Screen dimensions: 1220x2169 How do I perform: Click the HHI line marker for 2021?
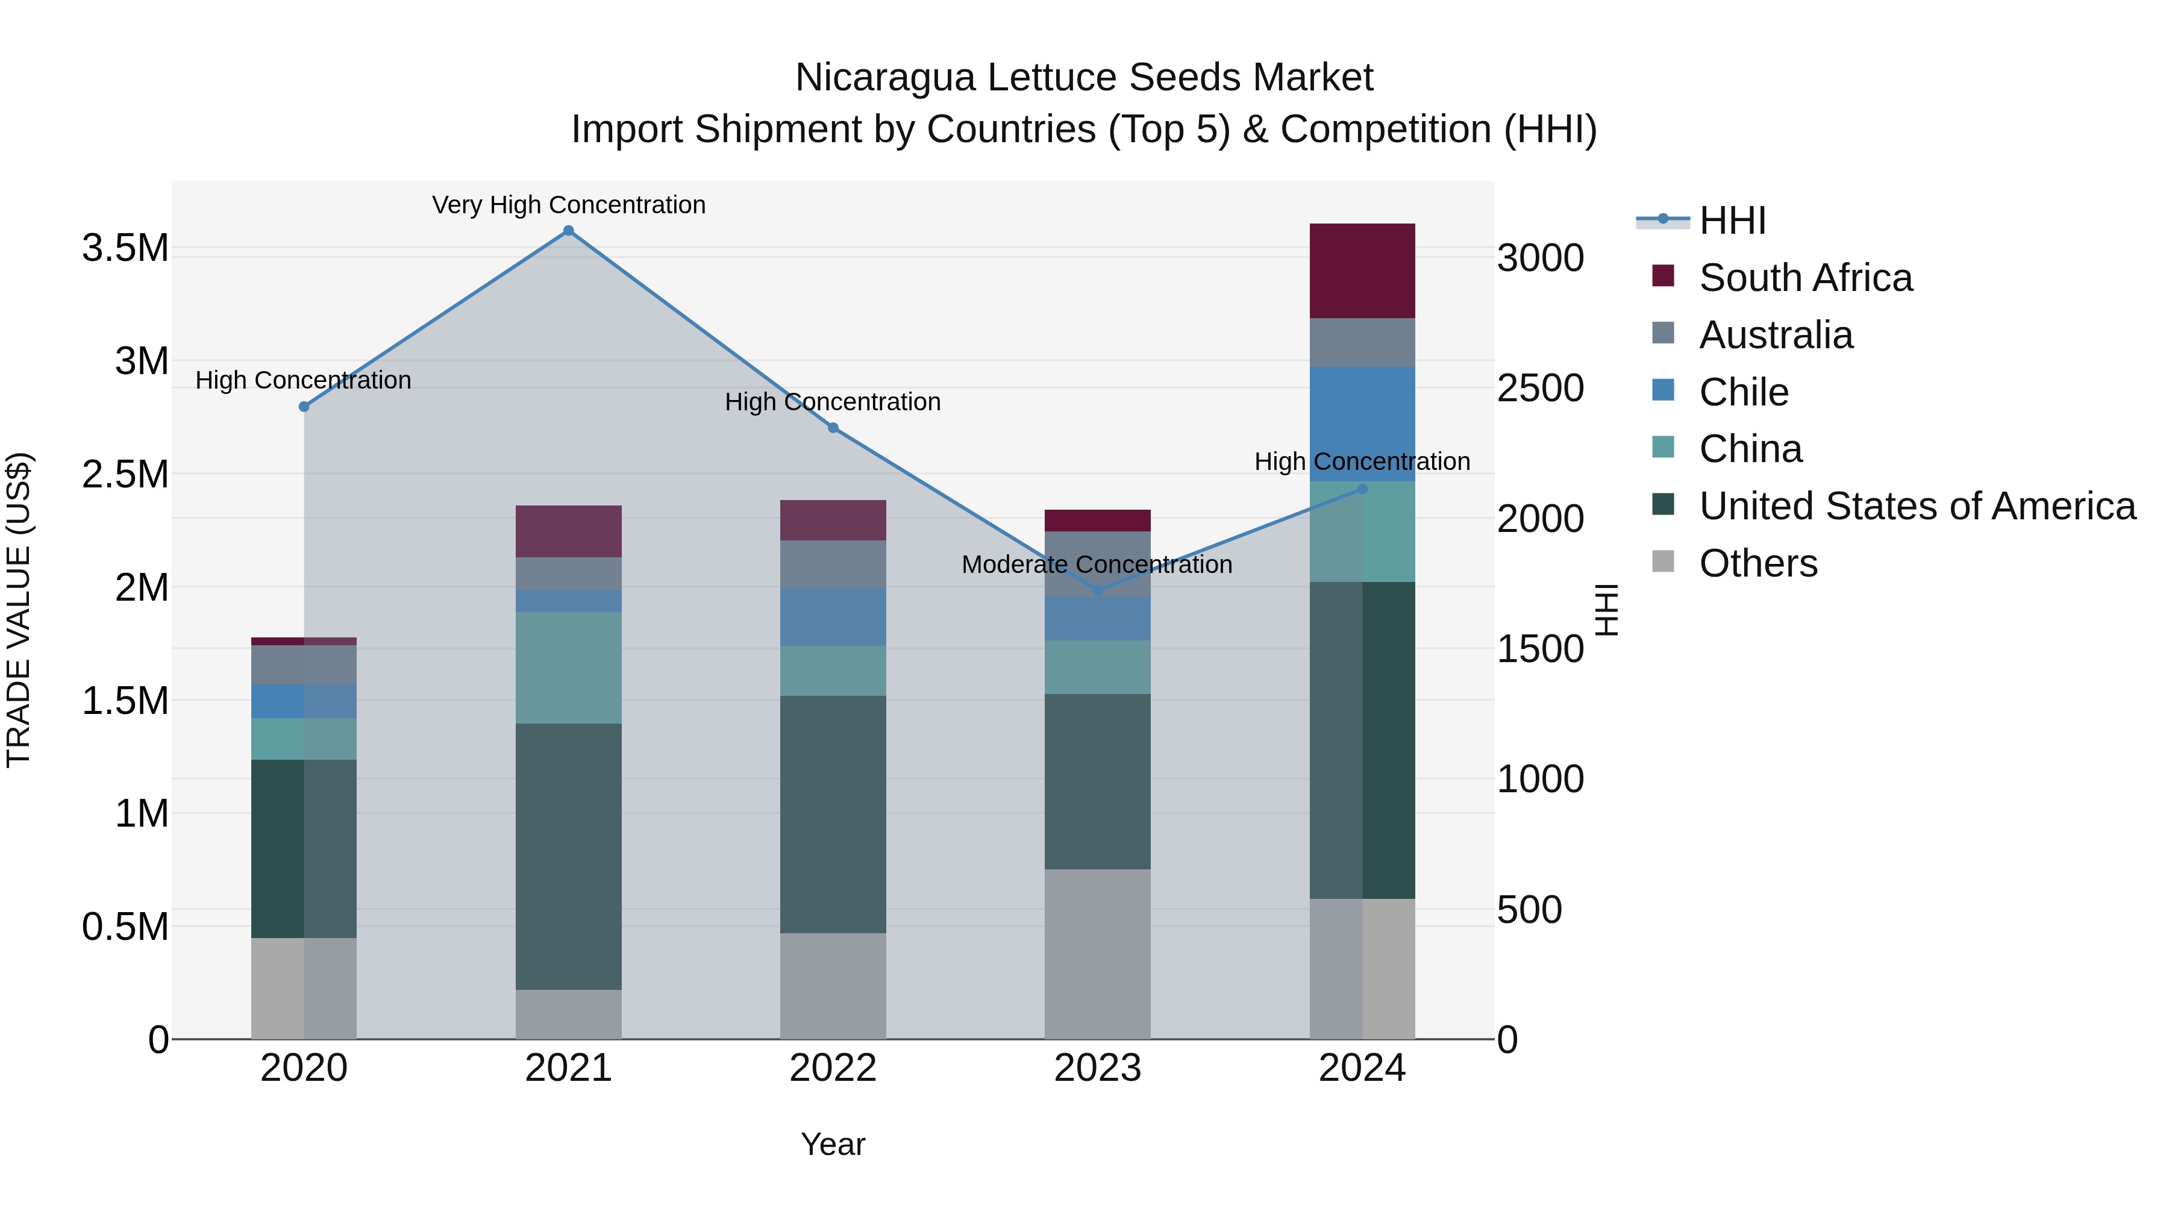point(568,231)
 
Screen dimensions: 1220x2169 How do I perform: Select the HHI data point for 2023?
point(1097,591)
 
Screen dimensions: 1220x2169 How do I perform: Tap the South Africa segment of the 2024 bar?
point(1362,271)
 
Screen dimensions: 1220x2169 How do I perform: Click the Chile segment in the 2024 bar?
point(1362,424)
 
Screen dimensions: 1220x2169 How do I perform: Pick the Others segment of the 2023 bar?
point(1097,953)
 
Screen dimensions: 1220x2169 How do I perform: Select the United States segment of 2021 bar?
point(568,856)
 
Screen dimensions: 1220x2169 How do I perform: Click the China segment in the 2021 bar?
point(568,667)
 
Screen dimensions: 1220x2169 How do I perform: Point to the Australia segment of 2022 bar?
point(833,564)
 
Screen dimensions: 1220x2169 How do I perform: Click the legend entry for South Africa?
point(1805,278)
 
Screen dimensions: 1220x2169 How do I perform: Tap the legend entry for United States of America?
point(1917,506)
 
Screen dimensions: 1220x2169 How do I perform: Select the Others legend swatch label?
point(1758,563)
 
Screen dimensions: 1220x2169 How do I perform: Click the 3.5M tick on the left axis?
point(125,248)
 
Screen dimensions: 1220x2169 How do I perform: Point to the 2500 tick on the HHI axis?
point(1540,388)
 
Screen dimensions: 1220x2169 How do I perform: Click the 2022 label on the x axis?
point(833,1068)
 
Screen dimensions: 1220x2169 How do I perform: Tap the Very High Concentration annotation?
point(568,205)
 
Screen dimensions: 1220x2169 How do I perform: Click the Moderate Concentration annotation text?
point(1097,564)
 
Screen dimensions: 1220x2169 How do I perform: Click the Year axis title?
point(833,1144)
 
